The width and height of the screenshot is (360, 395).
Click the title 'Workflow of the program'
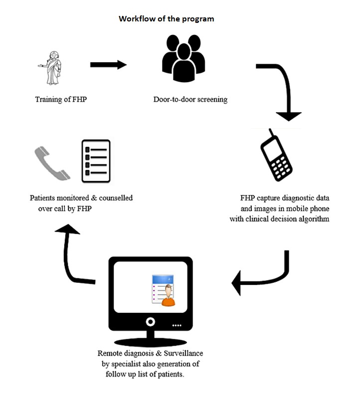[167, 19]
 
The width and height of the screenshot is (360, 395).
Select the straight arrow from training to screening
[108, 65]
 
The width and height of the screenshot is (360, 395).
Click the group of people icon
[183, 58]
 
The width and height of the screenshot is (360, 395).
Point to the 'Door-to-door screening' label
[190, 100]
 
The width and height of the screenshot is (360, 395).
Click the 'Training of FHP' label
[61, 100]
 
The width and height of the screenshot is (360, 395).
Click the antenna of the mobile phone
[272, 133]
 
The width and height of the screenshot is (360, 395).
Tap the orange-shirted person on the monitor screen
[169, 295]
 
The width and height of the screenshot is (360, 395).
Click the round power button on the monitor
[151, 322]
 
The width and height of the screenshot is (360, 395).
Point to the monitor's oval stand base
[151, 342]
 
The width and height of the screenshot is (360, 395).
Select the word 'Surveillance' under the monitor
[183, 354]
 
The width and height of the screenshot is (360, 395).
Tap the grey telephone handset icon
[52, 163]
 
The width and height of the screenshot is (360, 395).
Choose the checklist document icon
[96, 161]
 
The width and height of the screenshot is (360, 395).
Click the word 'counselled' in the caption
[116, 198]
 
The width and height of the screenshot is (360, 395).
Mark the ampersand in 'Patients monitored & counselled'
[94, 198]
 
